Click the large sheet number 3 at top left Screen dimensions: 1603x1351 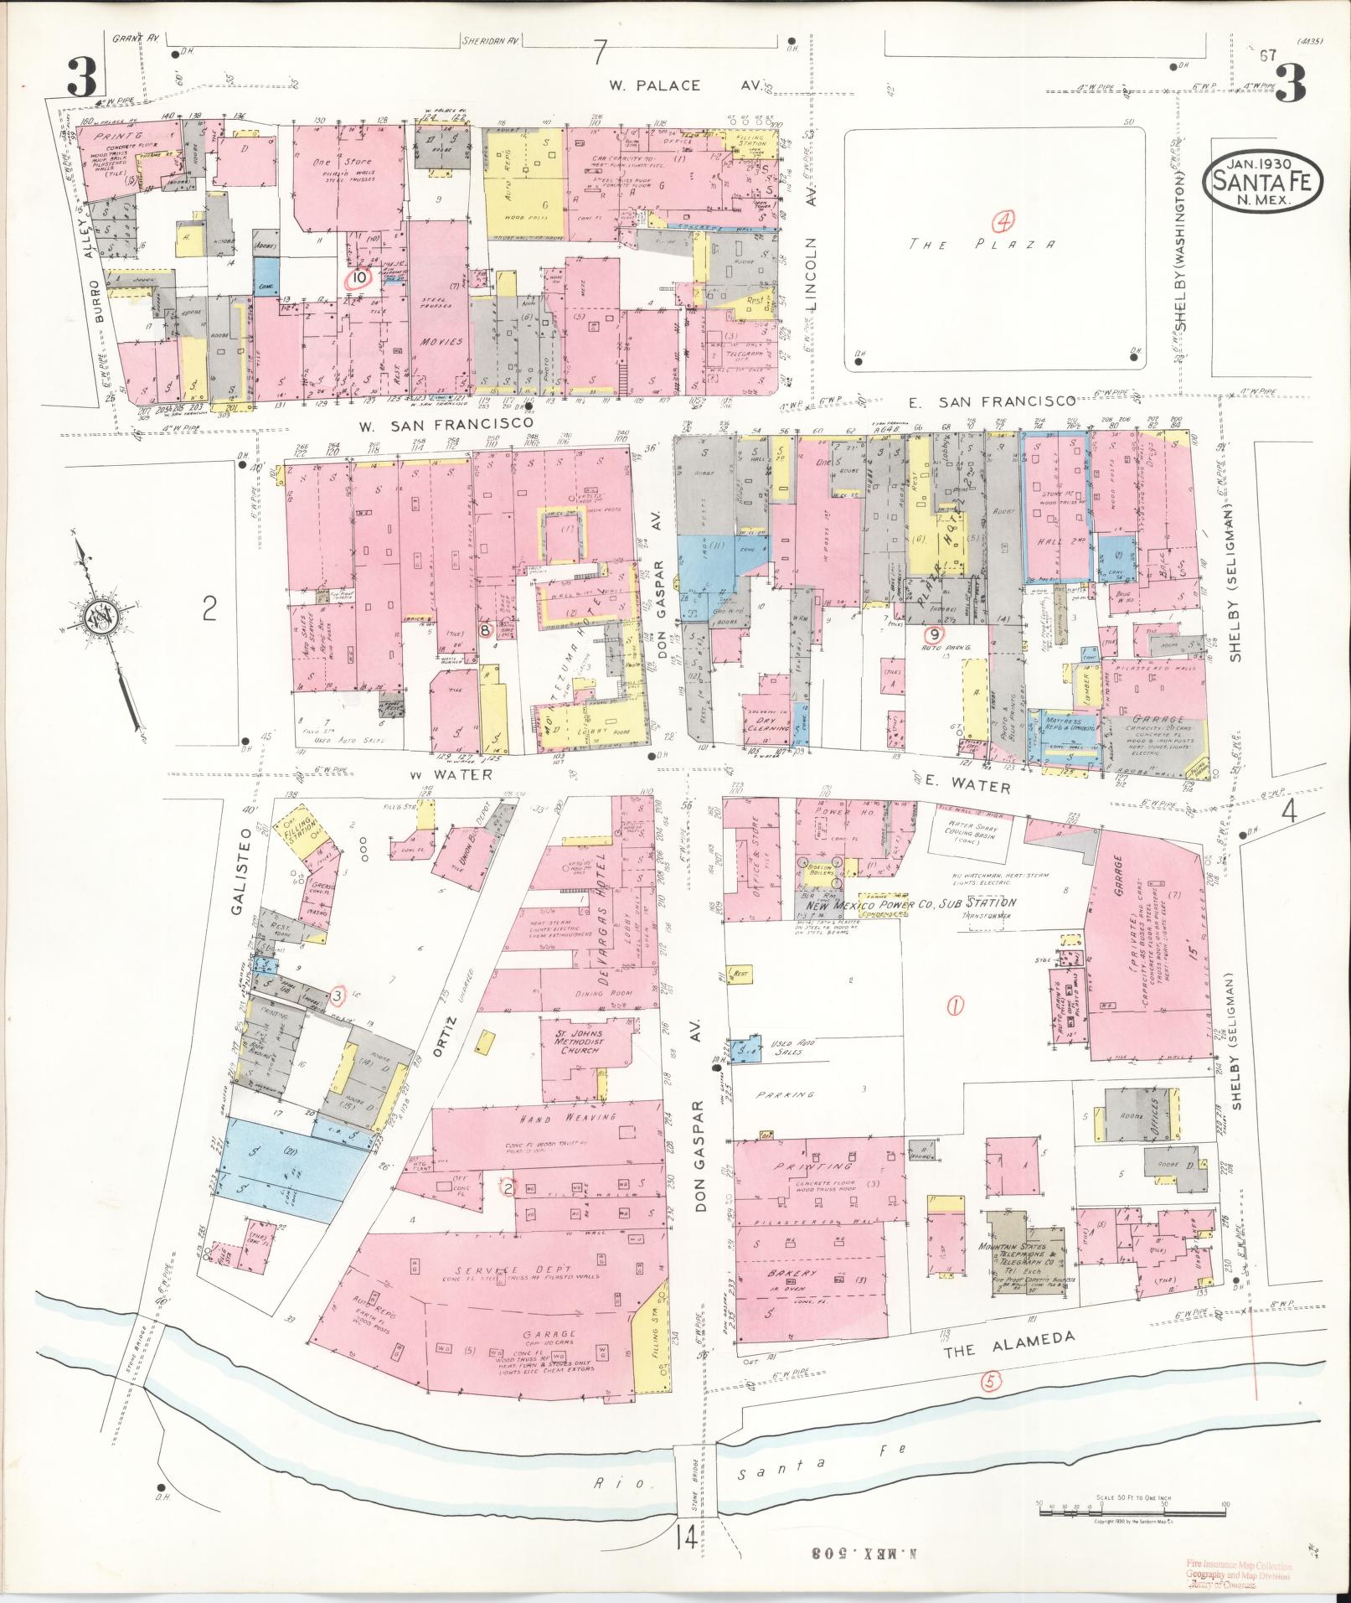tap(83, 81)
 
